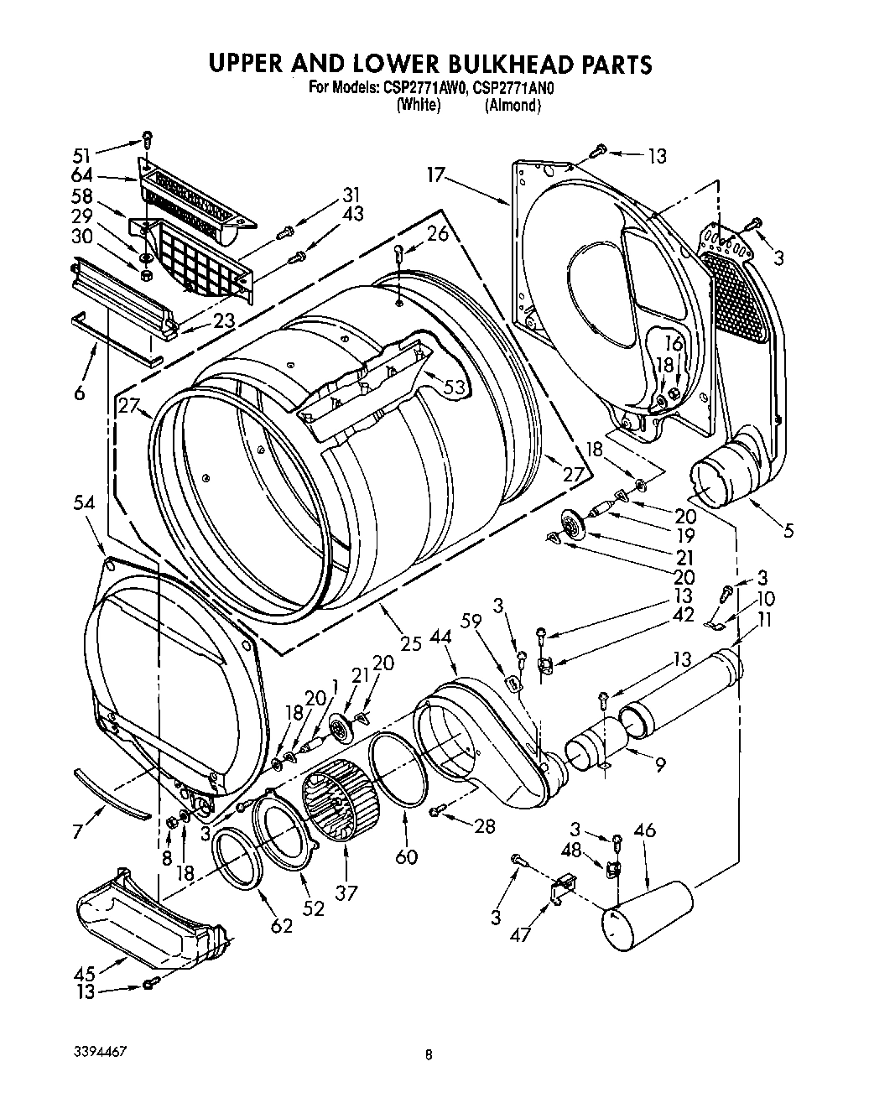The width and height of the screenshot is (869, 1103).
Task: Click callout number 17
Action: pos(435,177)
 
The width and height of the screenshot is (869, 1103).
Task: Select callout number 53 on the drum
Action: pos(454,387)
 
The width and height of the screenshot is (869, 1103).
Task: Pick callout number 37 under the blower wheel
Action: pos(347,892)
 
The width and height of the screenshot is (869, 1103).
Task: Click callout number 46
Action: pos(644,831)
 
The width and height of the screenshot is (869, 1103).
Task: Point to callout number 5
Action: pos(789,531)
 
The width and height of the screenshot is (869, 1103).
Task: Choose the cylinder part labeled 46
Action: pos(648,916)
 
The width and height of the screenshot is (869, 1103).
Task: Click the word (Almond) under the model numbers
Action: pos(512,106)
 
